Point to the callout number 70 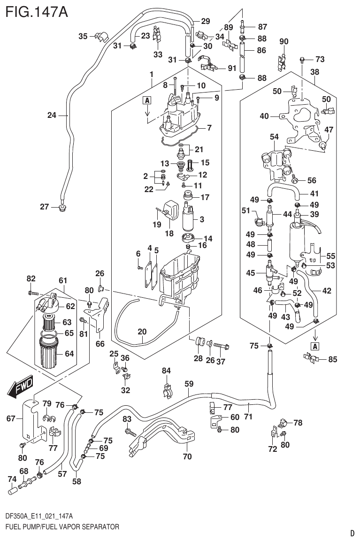tap(187, 456)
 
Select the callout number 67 tap(11, 418)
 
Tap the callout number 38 tap(315, 73)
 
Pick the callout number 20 tap(142, 331)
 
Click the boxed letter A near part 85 tap(314, 347)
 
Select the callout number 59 tap(189, 384)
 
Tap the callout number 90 tap(284, 41)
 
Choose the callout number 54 tap(275, 136)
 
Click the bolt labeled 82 tap(32, 293)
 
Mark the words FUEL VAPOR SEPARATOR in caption tap(86, 527)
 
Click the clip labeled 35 tap(100, 35)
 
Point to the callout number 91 tap(232, 68)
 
